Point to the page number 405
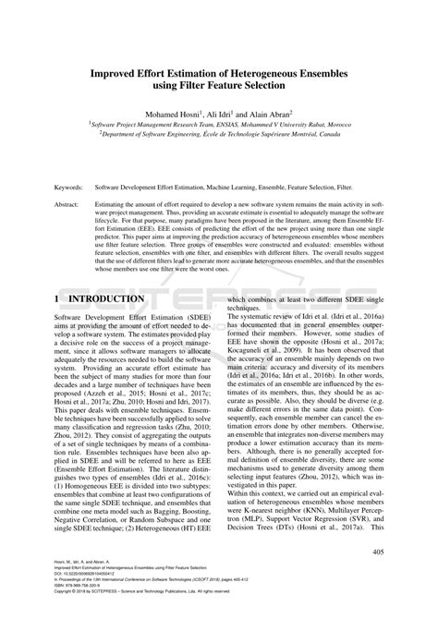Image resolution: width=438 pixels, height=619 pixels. coord(378,552)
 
